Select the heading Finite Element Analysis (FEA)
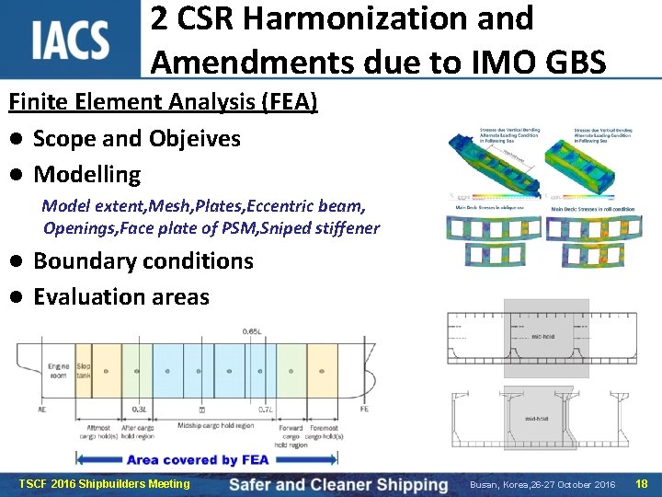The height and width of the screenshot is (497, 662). (x=164, y=101)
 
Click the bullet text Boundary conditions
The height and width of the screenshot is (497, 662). (x=143, y=260)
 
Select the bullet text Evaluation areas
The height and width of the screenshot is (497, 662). (x=120, y=296)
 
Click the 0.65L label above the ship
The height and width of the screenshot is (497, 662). (x=252, y=331)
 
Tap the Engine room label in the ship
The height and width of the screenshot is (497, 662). (x=58, y=371)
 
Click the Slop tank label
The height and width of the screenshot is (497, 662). (x=84, y=371)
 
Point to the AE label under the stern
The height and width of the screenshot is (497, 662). (x=42, y=409)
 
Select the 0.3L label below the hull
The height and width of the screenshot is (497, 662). (x=138, y=409)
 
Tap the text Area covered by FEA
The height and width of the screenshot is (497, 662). (x=197, y=459)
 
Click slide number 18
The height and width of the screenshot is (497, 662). (x=641, y=483)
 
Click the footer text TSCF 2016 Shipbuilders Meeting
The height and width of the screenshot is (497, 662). (x=104, y=484)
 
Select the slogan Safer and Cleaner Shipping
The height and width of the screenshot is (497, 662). (x=337, y=484)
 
